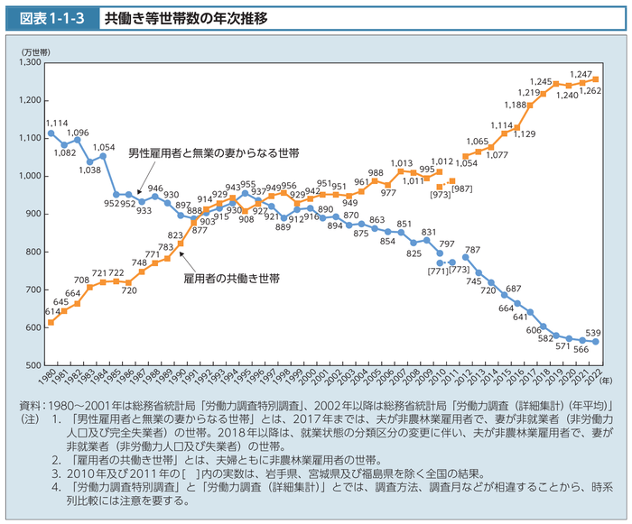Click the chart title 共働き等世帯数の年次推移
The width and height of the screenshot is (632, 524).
(184, 17)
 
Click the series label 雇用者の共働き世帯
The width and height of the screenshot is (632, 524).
(230, 280)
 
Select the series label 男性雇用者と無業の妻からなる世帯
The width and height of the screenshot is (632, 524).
(213, 154)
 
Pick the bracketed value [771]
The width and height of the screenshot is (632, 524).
(437, 271)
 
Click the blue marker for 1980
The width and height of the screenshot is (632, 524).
(51, 133)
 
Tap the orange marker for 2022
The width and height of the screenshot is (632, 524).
(596, 78)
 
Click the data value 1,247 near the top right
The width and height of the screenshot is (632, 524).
(581, 74)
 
